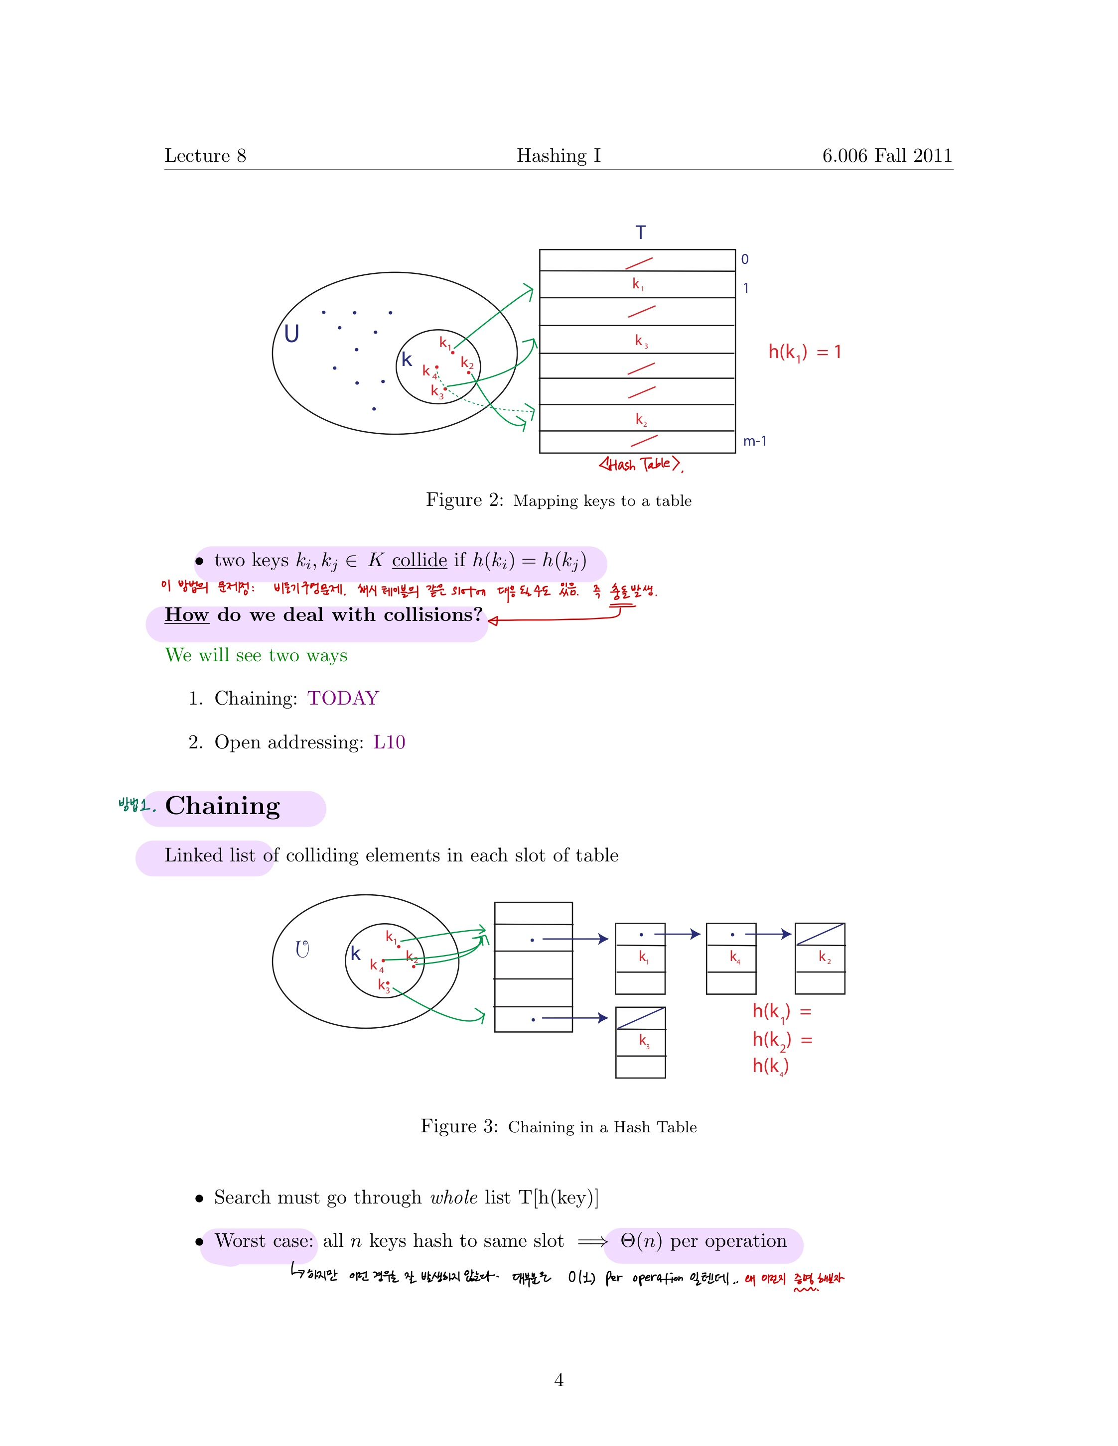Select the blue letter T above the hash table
pos(640,233)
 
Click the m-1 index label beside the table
pos(754,441)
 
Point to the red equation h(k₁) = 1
pos(804,352)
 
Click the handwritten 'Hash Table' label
pos(640,464)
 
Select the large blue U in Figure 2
pos(291,334)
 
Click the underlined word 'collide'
pos(419,560)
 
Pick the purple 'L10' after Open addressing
pos(389,742)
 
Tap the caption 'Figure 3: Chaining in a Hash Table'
pos(559,1126)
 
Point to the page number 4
pos(559,1380)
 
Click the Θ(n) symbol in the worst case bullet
pos(641,1241)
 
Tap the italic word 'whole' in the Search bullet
pos(454,1197)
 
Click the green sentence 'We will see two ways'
pos(256,655)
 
